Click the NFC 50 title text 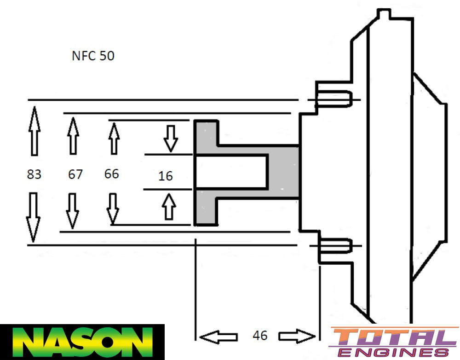[93, 56]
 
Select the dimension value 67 [75, 174]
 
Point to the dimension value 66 [111, 174]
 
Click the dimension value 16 [165, 176]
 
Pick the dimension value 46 [260, 336]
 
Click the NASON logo [82, 342]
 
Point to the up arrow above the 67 [73, 135]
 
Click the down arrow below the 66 [112, 209]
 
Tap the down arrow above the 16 [171, 139]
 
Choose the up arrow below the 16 [170, 206]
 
